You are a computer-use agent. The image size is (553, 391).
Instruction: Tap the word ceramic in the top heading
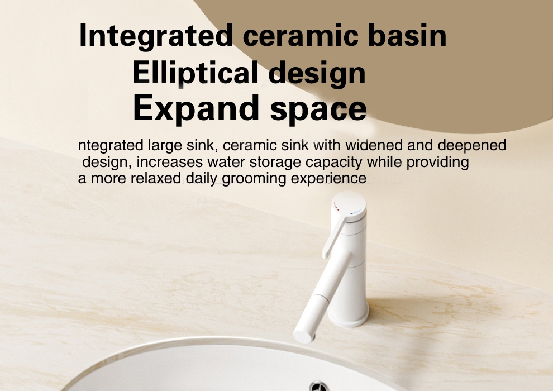(x=301, y=35)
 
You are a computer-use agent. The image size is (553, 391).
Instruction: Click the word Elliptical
(x=195, y=72)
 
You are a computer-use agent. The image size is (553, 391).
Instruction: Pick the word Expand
(x=196, y=108)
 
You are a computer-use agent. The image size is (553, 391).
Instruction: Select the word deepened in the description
(x=472, y=145)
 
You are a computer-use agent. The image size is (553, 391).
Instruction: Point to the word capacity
(x=333, y=162)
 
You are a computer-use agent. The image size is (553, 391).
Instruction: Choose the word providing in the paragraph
(x=438, y=162)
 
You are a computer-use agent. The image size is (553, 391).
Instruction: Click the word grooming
(x=254, y=178)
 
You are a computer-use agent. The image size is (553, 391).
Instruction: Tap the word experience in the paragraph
(x=328, y=178)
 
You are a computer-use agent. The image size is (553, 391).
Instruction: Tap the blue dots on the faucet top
(x=356, y=213)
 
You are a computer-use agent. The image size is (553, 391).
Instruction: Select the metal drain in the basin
(x=319, y=387)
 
